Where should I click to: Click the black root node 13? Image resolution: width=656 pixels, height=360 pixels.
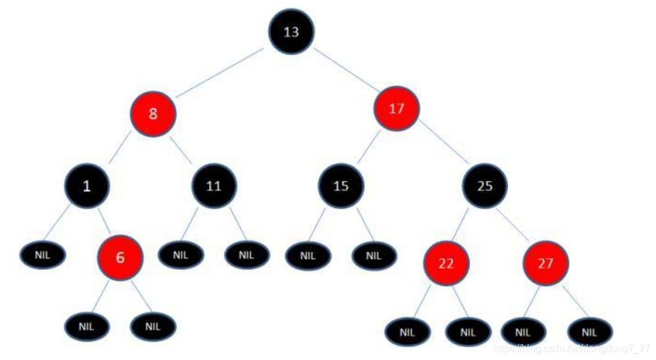tap(291, 32)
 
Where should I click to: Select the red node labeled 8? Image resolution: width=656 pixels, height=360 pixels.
tap(153, 115)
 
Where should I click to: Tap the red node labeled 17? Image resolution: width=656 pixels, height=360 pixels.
tap(397, 109)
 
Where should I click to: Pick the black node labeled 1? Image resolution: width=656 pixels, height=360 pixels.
tap(87, 185)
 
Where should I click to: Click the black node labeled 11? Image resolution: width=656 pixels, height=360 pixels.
tap(214, 185)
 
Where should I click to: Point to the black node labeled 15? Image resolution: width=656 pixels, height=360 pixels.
tap(341, 185)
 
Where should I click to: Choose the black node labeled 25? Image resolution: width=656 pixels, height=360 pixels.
tap(484, 185)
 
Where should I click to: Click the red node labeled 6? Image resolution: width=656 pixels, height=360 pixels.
tap(120, 258)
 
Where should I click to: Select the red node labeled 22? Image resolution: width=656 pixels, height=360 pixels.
tap(446, 263)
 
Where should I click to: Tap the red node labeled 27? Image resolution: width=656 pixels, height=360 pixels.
tap(545, 263)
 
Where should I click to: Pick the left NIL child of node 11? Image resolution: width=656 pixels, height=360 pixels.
tap(180, 255)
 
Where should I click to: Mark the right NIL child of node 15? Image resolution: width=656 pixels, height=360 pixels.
tap(374, 255)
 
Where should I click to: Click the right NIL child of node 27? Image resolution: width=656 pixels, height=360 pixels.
tap(590, 331)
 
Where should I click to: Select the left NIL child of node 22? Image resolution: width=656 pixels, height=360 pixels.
tap(407, 331)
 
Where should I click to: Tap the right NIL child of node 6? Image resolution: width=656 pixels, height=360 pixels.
tap(153, 326)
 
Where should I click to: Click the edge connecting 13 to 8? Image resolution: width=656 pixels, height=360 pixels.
tap(222, 73)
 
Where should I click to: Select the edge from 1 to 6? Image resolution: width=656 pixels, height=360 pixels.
tap(104, 222)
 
